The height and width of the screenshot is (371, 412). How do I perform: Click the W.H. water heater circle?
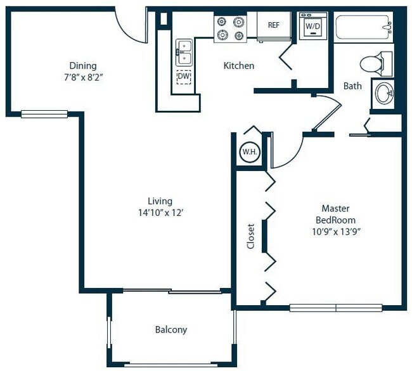[x=248, y=152]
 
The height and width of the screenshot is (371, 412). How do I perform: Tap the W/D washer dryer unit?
[x=312, y=27]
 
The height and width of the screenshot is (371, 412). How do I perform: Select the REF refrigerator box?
[x=274, y=26]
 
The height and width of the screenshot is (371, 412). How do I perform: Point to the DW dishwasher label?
[x=184, y=78]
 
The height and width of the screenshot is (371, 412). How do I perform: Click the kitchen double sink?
[x=184, y=53]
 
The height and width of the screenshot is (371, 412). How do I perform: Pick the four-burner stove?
[x=230, y=28]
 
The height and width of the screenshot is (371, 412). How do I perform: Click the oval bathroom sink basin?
[x=384, y=94]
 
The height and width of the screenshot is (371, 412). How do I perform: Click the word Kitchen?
[x=239, y=66]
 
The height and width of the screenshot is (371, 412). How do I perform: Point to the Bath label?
[x=352, y=86]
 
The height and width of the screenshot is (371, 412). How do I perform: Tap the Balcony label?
[x=171, y=330]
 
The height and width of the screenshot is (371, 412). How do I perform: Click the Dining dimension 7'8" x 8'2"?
[x=83, y=77]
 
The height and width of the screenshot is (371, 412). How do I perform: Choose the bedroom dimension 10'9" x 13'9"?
[x=336, y=231]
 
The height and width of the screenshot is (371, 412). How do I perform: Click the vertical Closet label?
[x=250, y=236]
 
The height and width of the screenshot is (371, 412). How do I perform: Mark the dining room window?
[x=44, y=114]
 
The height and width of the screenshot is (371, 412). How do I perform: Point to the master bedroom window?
[x=336, y=308]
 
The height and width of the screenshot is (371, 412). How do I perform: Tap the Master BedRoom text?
[x=336, y=214]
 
